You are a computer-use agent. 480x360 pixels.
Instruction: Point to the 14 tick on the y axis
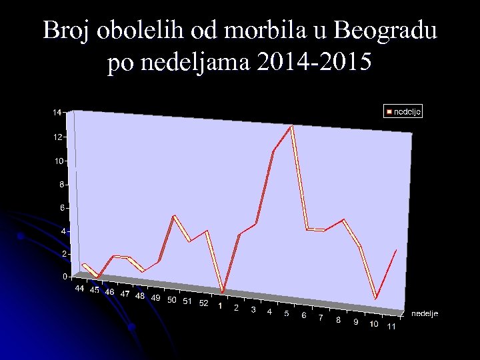57,113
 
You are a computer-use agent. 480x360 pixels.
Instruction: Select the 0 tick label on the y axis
65,276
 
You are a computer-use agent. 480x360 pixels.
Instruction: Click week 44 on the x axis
79,289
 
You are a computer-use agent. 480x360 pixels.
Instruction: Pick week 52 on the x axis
204,303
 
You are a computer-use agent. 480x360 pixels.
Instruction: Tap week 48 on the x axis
140,295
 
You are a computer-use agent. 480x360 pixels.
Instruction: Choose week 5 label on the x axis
286,313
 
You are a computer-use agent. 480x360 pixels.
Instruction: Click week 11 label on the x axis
391,327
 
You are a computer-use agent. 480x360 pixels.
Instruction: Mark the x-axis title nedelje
425,313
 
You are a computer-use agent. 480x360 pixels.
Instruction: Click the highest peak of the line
291,125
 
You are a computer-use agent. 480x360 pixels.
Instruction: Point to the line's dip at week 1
222,291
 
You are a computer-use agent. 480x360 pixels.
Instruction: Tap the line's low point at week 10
376,298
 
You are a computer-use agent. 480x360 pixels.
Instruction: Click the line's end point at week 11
397,249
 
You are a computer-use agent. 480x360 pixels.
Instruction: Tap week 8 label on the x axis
339,320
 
